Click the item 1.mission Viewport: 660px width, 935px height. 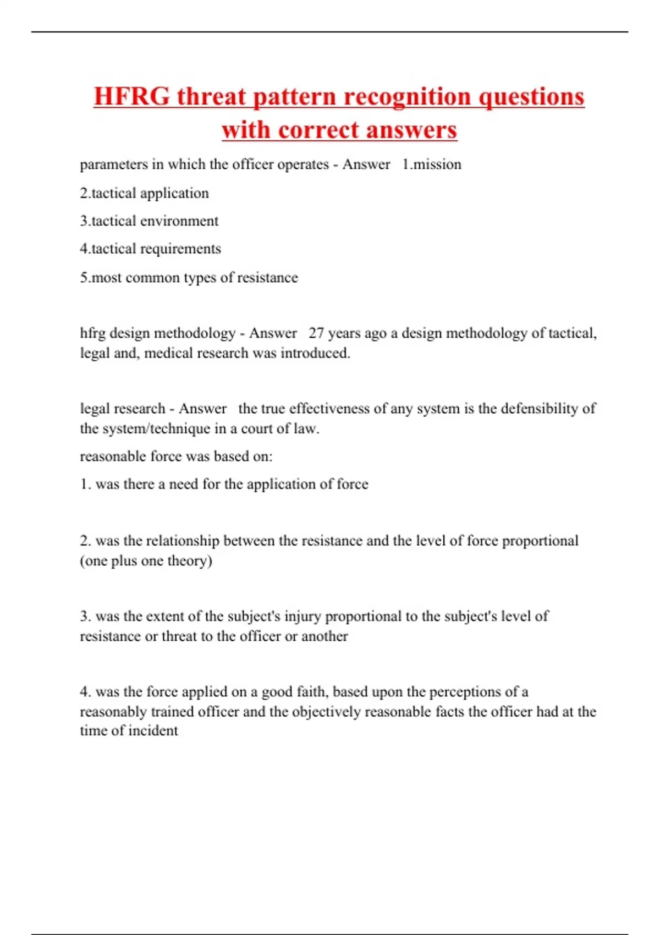click(x=432, y=164)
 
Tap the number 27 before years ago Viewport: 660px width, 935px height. click(x=316, y=333)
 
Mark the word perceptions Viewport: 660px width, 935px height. click(x=469, y=692)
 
